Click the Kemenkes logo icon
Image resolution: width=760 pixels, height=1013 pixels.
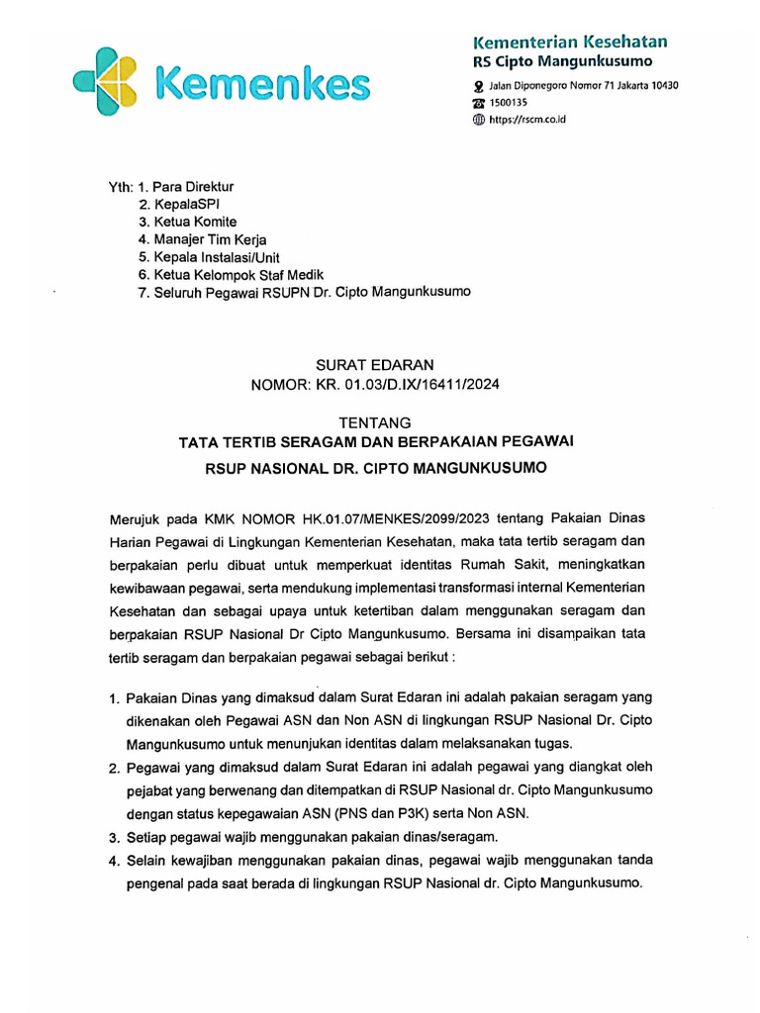[110, 82]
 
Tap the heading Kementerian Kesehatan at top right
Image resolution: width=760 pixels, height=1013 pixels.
[570, 42]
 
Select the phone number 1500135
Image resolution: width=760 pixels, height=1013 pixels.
[512, 103]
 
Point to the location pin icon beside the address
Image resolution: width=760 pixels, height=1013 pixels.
[479, 86]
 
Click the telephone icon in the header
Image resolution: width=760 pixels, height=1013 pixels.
[479, 103]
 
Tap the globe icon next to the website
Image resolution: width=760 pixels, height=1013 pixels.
[479, 120]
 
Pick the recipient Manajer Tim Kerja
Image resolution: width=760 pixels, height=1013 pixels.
[210, 239]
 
